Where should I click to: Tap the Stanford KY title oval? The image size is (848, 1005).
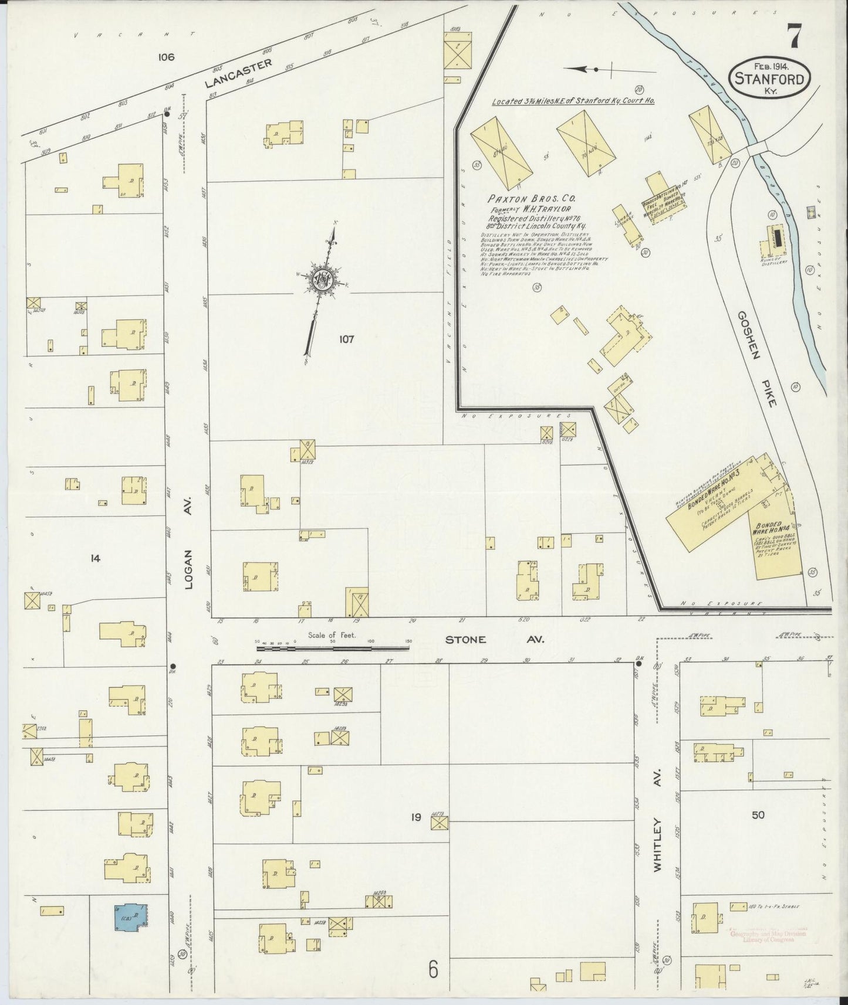tap(769, 77)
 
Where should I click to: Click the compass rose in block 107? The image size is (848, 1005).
tap(323, 281)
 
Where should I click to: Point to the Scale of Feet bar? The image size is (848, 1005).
tap(333, 647)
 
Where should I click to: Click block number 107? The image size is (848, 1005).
tap(346, 339)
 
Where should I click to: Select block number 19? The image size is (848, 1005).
tap(415, 817)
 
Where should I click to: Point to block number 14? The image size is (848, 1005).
tap(96, 559)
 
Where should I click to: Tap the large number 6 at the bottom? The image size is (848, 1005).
tap(433, 969)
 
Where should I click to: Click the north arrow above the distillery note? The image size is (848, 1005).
tap(587, 69)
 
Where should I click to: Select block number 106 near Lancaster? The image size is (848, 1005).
tap(166, 57)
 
